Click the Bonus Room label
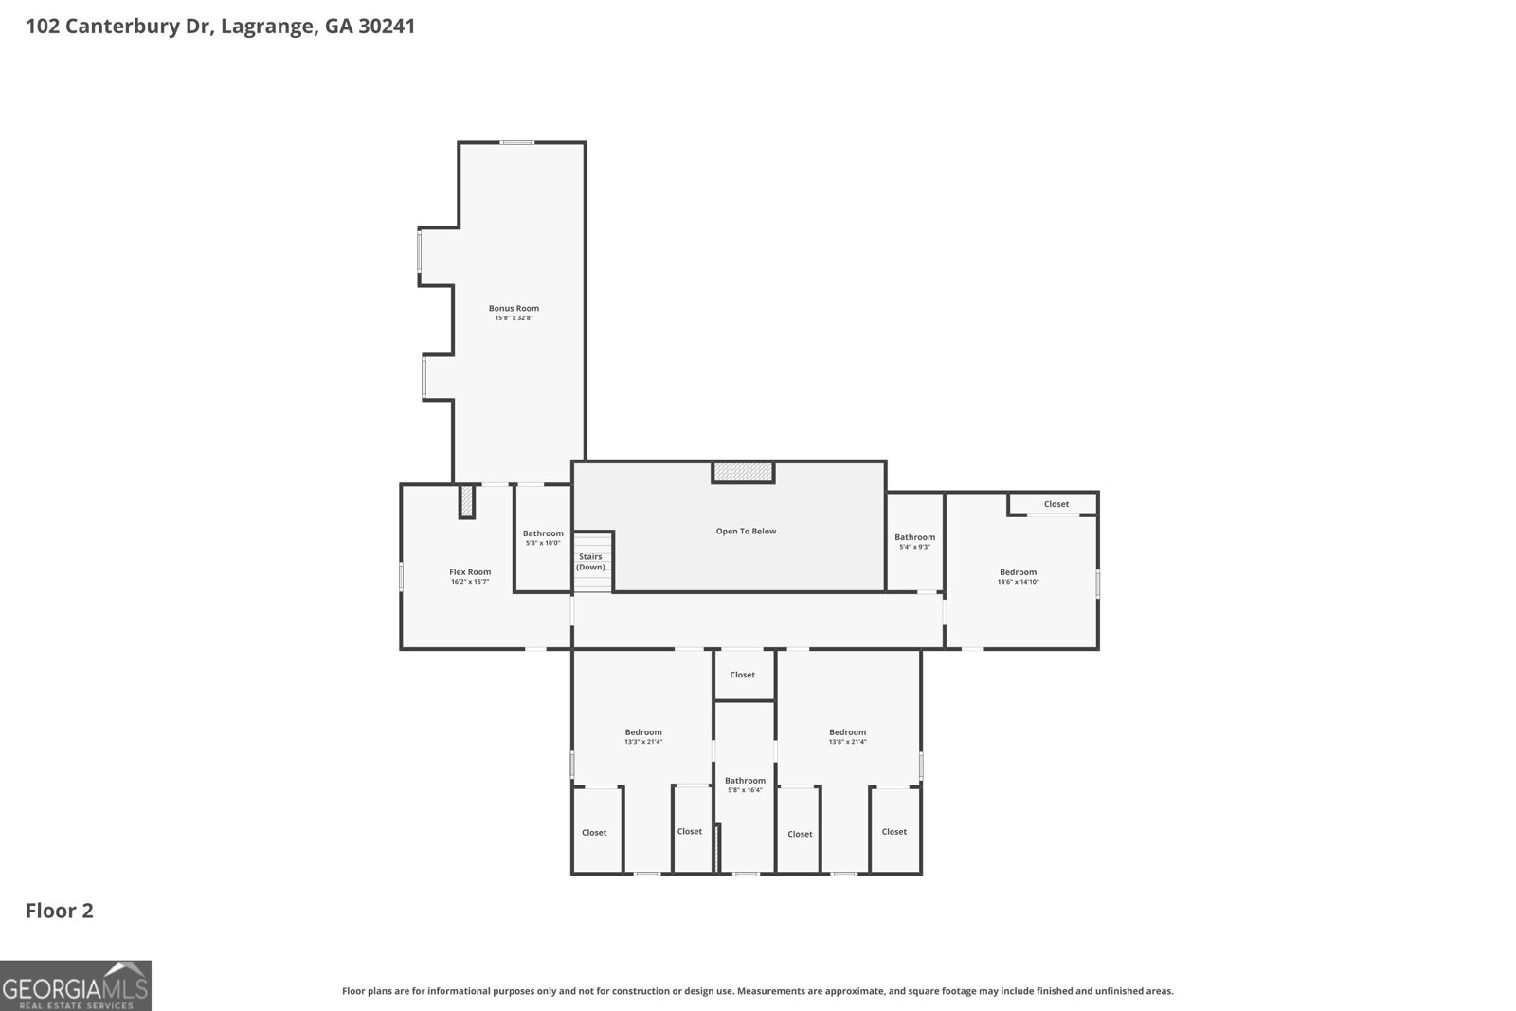pos(514,308)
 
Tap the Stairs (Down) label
pos(590,562)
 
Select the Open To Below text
pos(746,531)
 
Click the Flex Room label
pos(470,572)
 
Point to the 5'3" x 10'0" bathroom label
pos(543,538)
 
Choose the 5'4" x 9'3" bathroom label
pos(914,542)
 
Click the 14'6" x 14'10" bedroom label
pos(1018,576)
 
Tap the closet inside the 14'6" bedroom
pos(1056,504)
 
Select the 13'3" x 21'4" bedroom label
pos(642,736)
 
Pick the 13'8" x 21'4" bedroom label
pos(847,736)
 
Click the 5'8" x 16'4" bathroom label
pos(745,785)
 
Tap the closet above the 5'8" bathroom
pos(743,675)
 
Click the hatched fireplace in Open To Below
pos(744,472)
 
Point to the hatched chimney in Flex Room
pos(466,501)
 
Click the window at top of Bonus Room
pos(517,143)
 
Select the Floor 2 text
pos(59,911)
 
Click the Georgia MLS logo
pos(75,985)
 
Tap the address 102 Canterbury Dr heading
pos(220,27)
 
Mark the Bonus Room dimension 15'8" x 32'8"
pos(514,318)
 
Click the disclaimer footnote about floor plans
pos(757,991)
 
